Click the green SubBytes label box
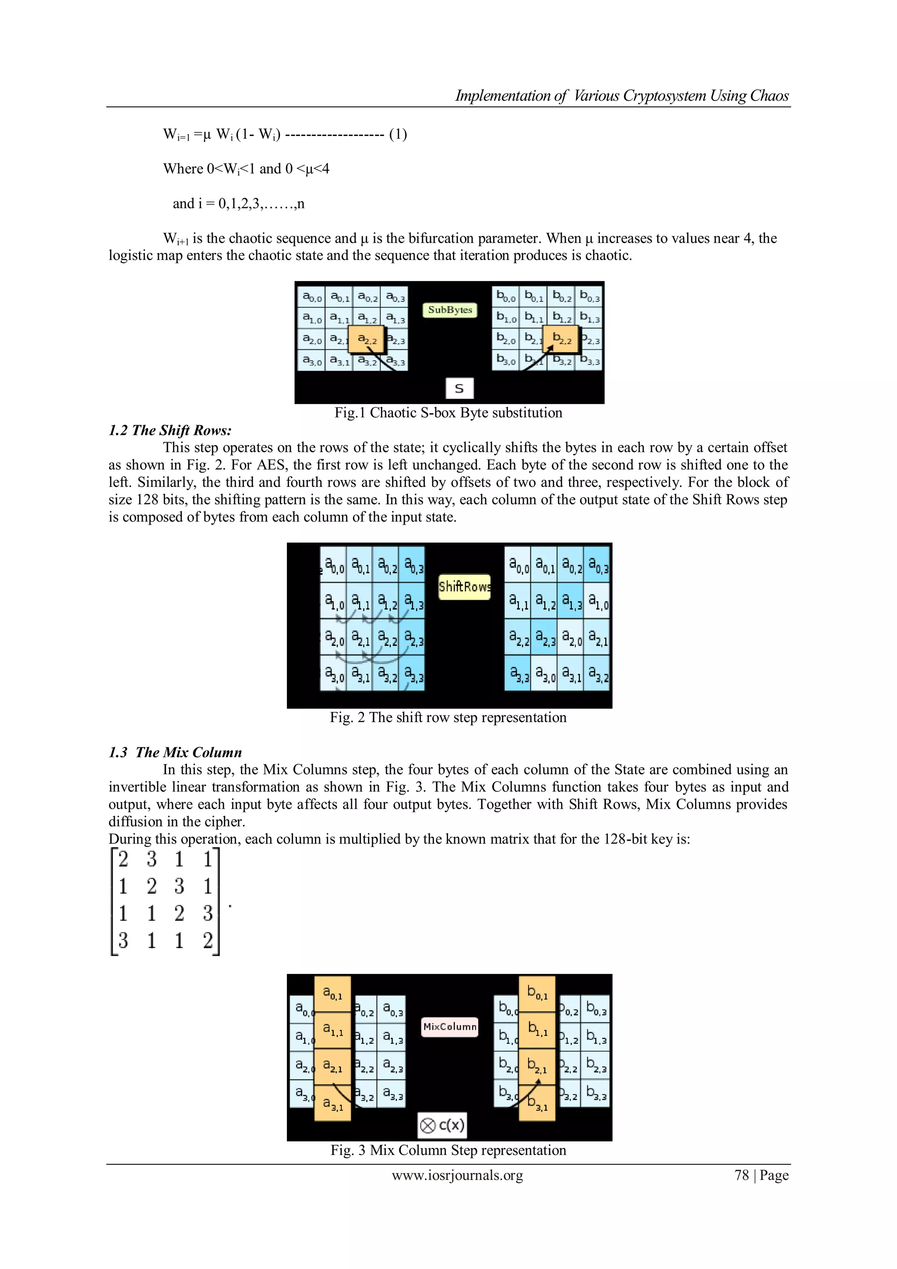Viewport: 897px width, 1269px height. click(450, 309)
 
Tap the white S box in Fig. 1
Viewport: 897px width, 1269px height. click(459, 388)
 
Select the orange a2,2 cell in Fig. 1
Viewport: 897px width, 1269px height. click(366, 339)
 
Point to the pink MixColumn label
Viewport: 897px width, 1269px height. click(450, 1026)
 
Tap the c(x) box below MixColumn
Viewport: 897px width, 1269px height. click(442, 1125)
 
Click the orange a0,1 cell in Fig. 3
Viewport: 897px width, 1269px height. click(332, 994)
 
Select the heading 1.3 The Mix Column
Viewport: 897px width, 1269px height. click(175, 752)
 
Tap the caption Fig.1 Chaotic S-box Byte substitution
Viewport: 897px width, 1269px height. click(448, 413)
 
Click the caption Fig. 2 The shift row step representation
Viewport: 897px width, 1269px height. click(448, 718)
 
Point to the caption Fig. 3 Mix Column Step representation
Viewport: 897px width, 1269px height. click(448, 1150)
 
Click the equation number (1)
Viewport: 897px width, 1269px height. click(398, 134)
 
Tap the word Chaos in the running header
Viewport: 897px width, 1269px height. click(770, 96)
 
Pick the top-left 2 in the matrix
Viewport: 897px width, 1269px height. click(123, 860)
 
